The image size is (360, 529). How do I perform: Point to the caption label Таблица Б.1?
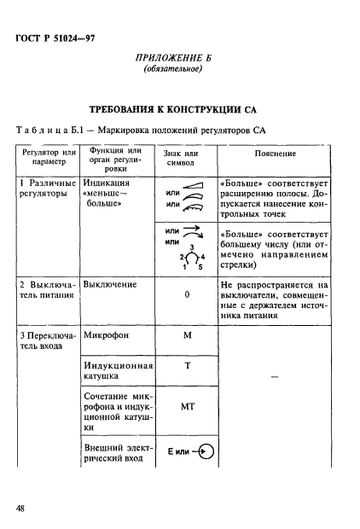point(50,130)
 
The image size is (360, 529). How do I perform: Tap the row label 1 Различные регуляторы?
point(47,189)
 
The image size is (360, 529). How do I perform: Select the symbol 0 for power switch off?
point(186,294)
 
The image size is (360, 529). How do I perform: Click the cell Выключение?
point(108,284)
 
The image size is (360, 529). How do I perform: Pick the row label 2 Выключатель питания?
point(47,290)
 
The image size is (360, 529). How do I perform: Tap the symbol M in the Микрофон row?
point(186,336)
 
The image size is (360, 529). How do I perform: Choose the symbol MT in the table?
point(186,407)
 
